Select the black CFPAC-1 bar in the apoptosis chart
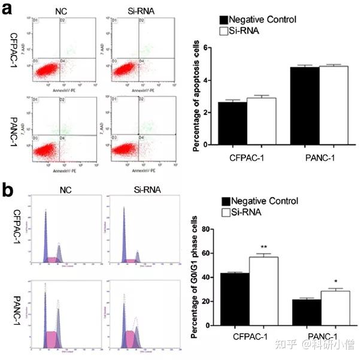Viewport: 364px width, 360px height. (x=237, y=123)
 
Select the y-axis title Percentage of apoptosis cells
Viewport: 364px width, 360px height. (x=196, y=96)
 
